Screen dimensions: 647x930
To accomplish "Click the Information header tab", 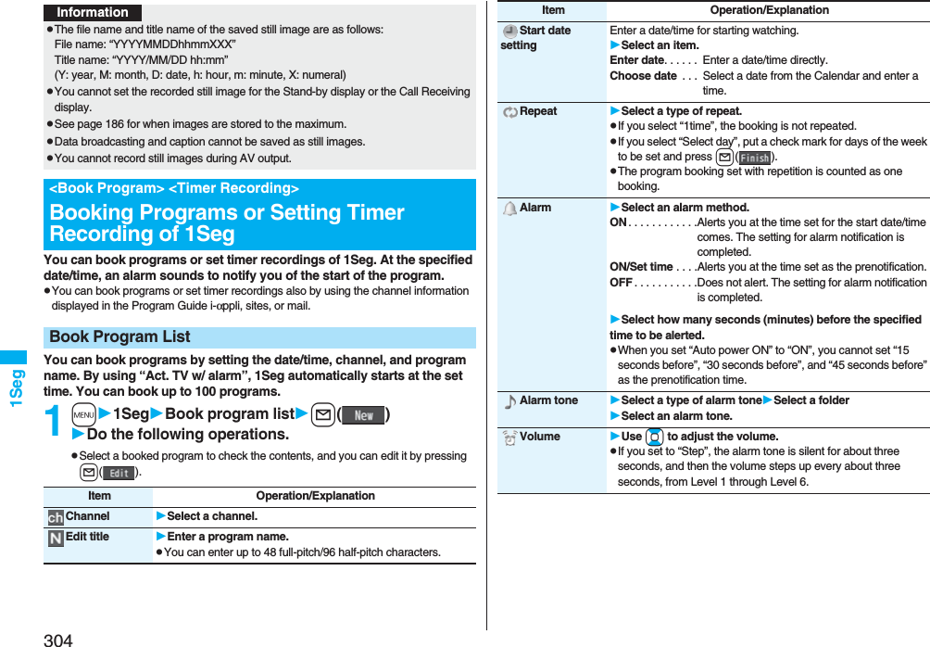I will (x=93, y=12).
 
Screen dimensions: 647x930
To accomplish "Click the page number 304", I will (x=57, y=639).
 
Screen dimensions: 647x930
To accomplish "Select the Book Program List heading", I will (x=120, y=337).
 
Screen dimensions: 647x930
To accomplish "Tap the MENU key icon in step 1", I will (x=83, y=414).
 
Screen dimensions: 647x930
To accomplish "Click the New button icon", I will (x=363, y=414).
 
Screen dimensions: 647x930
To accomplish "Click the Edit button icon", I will (x=119, y=473).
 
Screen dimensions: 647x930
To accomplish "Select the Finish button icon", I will (x=755, y=158).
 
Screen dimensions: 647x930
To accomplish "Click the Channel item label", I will (x=87, y=516).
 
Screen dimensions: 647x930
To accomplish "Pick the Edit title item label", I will (x=87, y=537).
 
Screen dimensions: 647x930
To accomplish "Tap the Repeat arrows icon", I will (x=509, y=112).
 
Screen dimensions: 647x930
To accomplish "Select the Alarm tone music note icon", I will (x=509, y=401).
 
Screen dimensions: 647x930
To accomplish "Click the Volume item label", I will (x=540, y=437).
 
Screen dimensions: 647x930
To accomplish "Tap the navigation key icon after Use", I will (x=654, y=437).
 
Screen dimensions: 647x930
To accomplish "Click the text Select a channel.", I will (x=212, y=516).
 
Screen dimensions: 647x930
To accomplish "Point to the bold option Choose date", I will (x=643, y=76).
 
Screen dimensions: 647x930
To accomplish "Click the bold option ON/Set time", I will (x=641, y=267).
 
